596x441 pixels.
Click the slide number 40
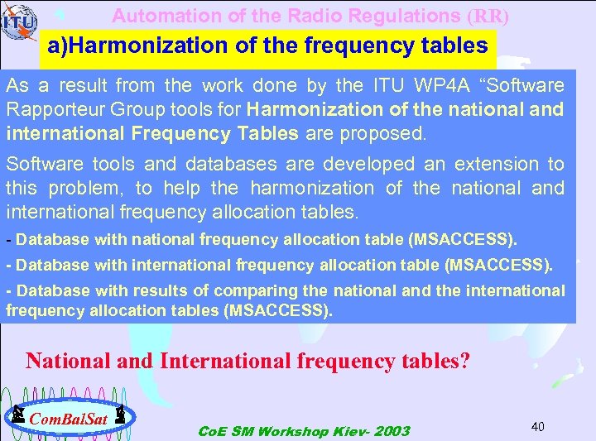point(537,426)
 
